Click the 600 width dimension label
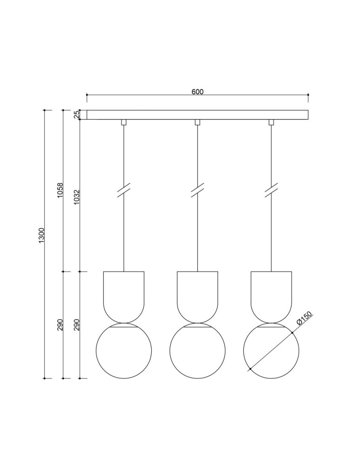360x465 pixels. click(197, 92)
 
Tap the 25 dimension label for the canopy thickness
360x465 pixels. click(77, 115)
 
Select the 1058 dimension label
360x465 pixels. click(60, 191)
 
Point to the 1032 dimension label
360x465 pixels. click(77, 197)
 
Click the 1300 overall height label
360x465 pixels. click(41, 236)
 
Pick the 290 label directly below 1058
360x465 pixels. click(60, 325)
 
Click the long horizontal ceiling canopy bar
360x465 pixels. click(197, 115)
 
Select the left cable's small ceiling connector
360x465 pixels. click(124, 122)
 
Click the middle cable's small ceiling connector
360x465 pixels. click(197, 122)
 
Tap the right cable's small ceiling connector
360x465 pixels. click(271, 122)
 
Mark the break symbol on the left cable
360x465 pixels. click(124, 192)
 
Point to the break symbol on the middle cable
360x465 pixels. click(197, 192)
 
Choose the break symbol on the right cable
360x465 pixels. click(271, 192)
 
